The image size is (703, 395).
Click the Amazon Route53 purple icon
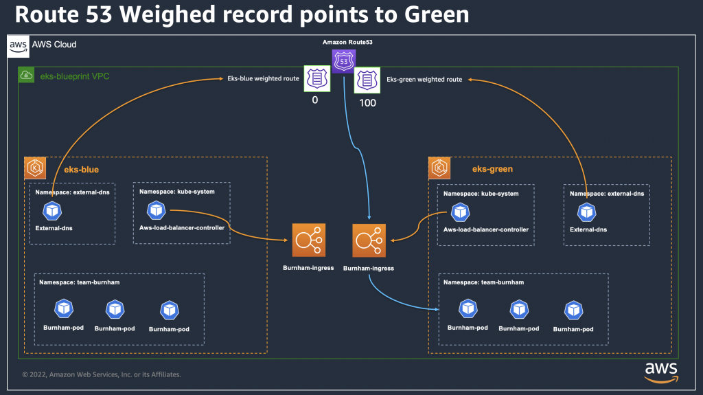(x=343, y=61)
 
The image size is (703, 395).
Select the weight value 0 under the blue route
(x=315, y=100)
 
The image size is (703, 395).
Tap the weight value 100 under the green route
(x=367, y=102)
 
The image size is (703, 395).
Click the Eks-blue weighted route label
(x=263, y=79)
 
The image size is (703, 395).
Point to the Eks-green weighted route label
(x=424, y=79)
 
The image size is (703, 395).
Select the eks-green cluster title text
(x=492, y=169)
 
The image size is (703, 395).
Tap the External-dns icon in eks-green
(x=586, y=212)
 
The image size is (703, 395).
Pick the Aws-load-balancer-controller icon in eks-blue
(x=157, y=210)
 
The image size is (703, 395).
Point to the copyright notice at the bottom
(x=101, y=374)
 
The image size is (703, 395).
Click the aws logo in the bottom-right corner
(x=661, y=370)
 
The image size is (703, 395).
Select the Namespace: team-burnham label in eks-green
(x=483, y=282)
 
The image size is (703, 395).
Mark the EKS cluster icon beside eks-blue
(x=34, y=168)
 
